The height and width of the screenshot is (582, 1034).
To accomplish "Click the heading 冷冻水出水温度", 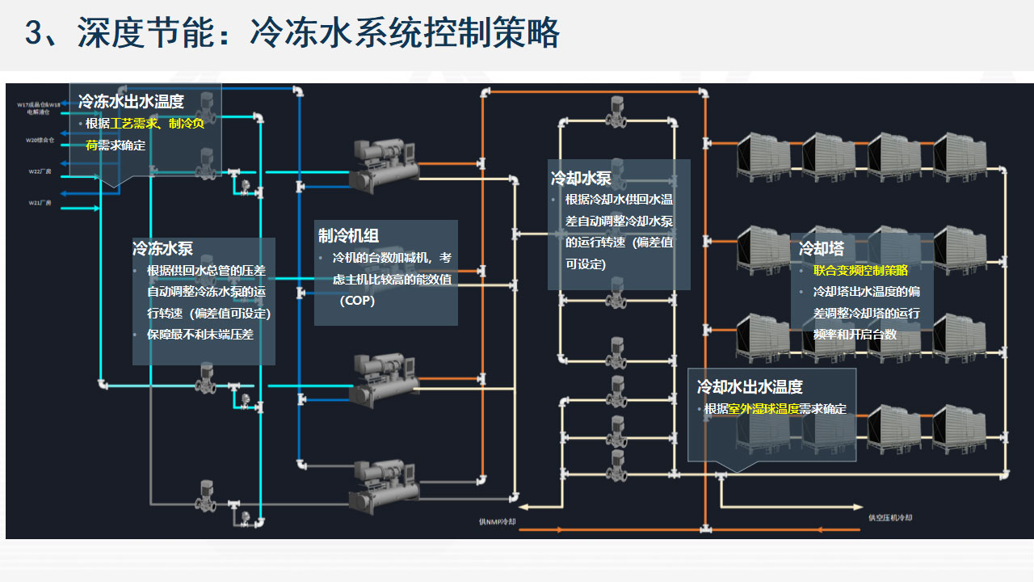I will point(131,102).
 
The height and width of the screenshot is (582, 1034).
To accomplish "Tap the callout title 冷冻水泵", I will point(162,249).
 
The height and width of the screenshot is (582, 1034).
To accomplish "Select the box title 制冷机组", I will point(348,235).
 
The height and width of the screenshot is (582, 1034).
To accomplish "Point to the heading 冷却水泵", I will point(581,178).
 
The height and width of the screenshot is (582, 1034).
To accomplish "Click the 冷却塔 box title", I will point(821,249).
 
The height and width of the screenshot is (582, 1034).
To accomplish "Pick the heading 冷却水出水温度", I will point(750,387).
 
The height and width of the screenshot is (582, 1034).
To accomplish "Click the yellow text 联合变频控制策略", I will point(860,271).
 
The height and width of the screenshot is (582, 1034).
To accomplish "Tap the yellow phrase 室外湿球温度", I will point(763,409).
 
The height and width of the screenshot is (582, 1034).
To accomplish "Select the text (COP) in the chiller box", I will point(357,301).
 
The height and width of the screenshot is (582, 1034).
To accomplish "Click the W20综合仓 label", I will point(39,141).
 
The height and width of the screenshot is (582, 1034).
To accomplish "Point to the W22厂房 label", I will point(40,171).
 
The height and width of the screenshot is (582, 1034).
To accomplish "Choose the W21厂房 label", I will point(40,202).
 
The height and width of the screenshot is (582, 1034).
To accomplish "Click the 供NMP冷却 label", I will point(497,522).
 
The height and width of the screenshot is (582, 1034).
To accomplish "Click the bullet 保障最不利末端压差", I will point(200,334).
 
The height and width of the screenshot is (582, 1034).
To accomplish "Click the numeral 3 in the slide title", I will point(34,34).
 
